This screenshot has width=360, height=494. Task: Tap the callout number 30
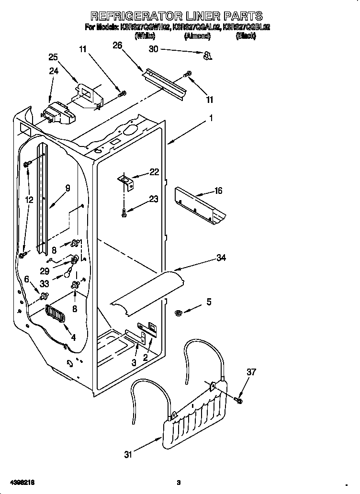(x=153, y=49)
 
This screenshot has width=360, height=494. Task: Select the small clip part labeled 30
(x=207, y=56)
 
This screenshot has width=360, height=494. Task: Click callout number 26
(x=117, y=45)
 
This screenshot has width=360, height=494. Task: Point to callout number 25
(x=53, y=57)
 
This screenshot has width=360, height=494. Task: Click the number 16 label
(x=218, y=191)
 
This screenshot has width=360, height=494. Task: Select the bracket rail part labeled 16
(x=201, y=204)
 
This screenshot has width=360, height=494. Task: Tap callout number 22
(x=154, y=172)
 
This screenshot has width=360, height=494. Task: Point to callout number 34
(x=221, y=258)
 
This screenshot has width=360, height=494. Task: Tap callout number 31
(x=127, y=455)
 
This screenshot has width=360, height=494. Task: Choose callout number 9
(x=67, y=189)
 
